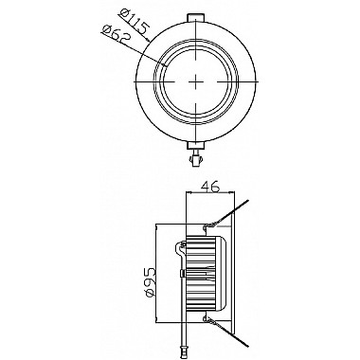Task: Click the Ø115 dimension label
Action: click(135, 23)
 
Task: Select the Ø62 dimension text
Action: click(117, 35)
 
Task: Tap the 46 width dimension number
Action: click(210, 187)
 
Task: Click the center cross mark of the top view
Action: click(196, 81)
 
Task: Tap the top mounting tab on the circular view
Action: click(196, 18)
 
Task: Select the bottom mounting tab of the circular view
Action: click(196, 145)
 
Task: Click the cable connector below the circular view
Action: click(196, 158)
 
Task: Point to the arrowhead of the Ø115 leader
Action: click(148, 40)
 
